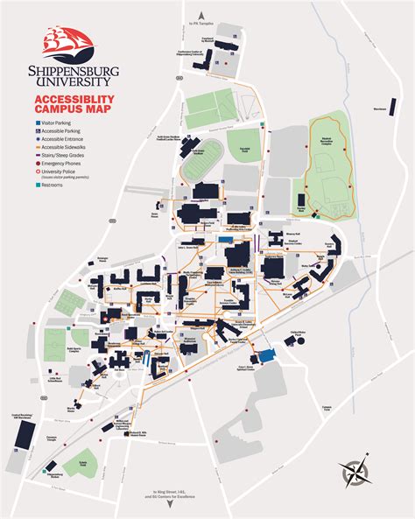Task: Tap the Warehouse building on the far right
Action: pyautogui.click(x=380, y=109)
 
